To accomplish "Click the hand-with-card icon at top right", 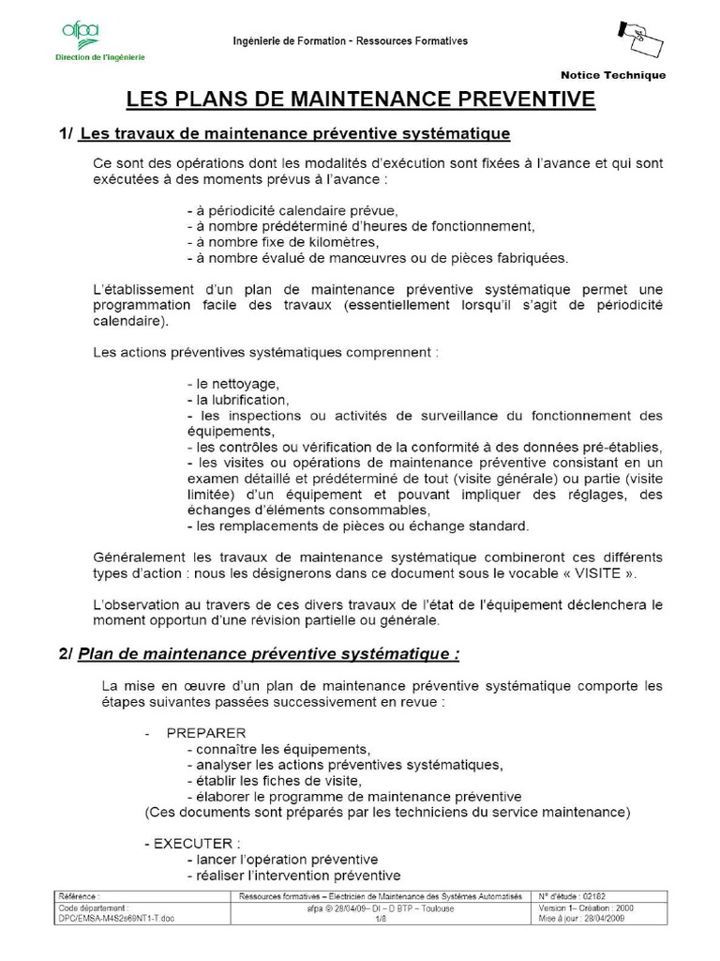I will click(639, 38).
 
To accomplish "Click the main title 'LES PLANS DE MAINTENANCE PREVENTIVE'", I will click(361, 99).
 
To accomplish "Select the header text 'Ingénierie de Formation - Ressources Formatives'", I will click(351, 41).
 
